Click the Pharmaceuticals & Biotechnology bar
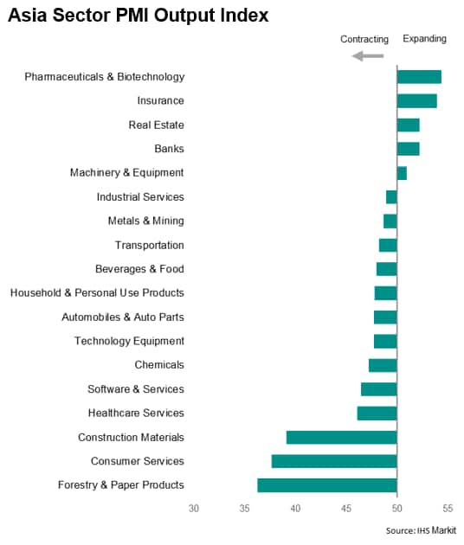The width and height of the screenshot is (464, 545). (x=419, y=77)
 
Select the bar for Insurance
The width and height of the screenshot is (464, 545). (x=417, y=101)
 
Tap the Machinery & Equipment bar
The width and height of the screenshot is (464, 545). (x=402, y=173)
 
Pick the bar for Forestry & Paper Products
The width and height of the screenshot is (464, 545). (x=327, y=485)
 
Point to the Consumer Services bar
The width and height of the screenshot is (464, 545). (x=334, y=461)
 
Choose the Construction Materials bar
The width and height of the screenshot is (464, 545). (x=342, y=437)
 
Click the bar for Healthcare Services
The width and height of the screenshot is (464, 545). (x=377, y=414)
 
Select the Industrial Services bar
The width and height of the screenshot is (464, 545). (x=391, y=197)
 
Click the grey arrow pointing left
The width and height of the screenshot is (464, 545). (x=368, y=55)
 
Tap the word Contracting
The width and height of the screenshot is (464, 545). (x=364, y=39)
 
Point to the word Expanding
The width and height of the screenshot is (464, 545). (x=424, y=39)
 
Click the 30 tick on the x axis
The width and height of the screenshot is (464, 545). (x=194, y=509)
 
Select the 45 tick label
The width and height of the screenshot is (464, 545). (x=346, y=509)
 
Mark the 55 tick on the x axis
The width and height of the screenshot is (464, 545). (x=448, y=509)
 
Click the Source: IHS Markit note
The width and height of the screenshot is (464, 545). (x=421, y=530)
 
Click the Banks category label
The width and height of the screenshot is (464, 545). (x=169, y=149)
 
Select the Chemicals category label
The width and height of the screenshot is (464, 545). (x=159, y=365)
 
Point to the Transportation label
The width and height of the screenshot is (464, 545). (x=150, y=246)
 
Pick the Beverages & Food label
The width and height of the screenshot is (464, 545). (x=139, y=269)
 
